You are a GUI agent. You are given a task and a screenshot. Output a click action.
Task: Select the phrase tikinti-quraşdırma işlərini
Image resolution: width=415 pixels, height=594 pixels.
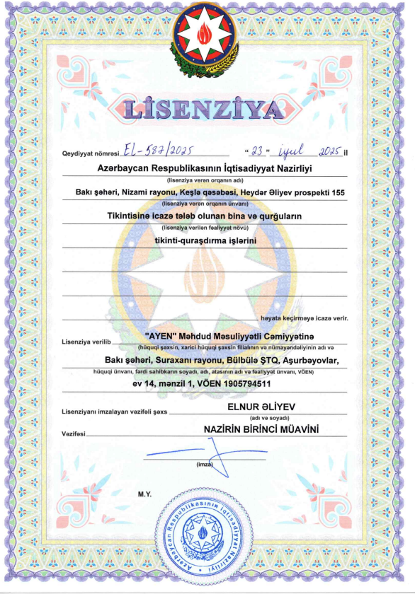tap(205, 240)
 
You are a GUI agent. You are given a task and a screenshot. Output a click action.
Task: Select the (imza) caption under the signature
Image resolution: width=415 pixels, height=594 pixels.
tap(204, 465)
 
